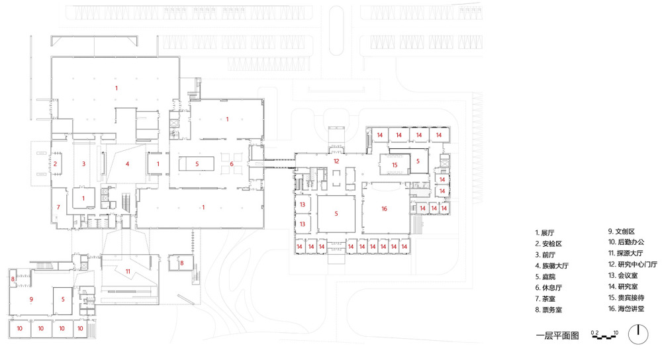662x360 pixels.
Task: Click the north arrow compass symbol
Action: click(638, 335)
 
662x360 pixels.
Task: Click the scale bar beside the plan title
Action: click(604, 337)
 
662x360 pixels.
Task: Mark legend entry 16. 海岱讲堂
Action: click(626, 310)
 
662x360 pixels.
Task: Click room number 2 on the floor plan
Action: click(56, 163)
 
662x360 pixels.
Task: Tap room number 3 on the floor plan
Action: click(83, 163)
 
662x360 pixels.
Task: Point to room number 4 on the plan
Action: click(128, 163)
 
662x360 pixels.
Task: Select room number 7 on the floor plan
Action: click(58, 208)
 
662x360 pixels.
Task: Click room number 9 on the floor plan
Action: click(31, 299)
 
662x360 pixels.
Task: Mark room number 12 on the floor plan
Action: click(336, 161)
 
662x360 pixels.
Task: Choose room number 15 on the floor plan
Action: click(395, 164)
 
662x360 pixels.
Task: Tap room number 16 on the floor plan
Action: click(384, 209)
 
